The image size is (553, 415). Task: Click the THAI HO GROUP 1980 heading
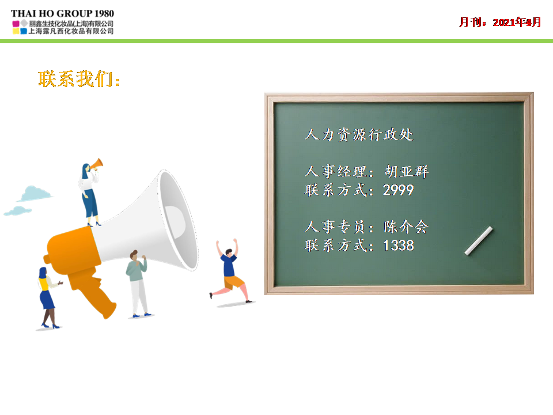point(62,13)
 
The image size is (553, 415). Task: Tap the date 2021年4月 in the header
point(517,22)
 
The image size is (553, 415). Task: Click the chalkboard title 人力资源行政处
point(359,134)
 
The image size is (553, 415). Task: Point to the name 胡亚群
point(406,171)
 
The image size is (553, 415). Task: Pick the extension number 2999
point(398,190)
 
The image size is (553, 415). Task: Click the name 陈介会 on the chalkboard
point(406,227)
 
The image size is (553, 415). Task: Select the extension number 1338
point(399,246)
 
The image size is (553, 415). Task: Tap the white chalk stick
point(478,241)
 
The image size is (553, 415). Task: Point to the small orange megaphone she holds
point(96,164)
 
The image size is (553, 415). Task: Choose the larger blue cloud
point(35,194)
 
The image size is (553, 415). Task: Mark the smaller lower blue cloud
point(18,211)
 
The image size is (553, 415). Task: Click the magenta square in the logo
point(16,24)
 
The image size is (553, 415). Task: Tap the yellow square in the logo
point(16,31)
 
